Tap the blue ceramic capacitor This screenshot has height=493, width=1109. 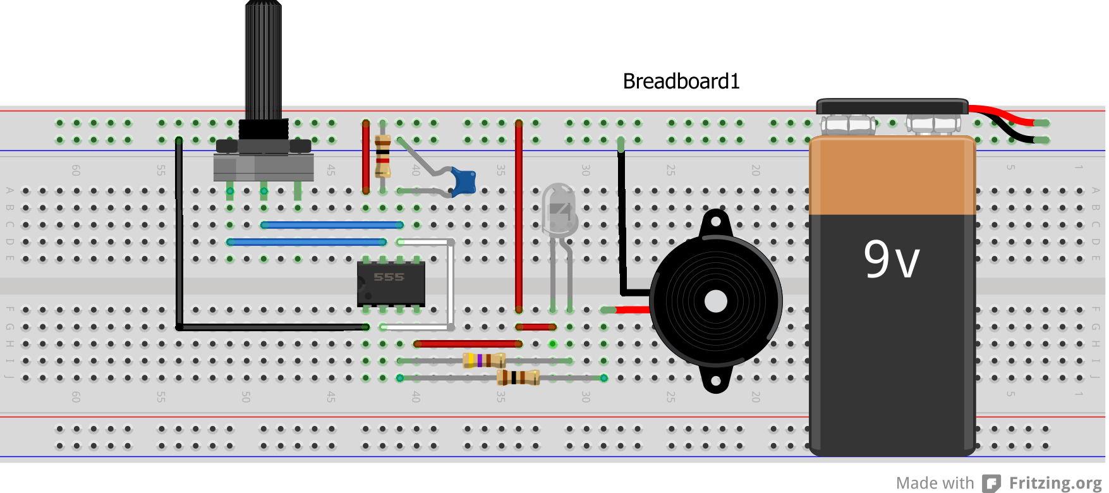tap(464, 181)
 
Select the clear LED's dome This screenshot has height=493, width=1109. tap(559, 205)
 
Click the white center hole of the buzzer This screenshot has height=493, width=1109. tap(715, 301)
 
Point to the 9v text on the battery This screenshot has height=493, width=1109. tap(891, 259)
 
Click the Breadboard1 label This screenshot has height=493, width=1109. tap(681, 82)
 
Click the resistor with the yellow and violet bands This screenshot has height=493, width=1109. tap(483, 361)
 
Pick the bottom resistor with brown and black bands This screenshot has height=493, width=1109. tap(518, 378)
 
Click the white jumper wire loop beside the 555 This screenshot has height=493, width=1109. tap(451, 284)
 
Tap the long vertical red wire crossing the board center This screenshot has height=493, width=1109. tap(519, 215)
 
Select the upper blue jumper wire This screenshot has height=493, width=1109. tap(332, 225)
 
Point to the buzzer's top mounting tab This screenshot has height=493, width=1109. tap(715, 222)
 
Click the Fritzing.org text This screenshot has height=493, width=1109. tap(1055, 483)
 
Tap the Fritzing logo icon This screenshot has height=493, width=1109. tap(991, 484)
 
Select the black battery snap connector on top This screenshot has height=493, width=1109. tap(892, 107)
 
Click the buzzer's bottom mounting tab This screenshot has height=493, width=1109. tap(715, 381)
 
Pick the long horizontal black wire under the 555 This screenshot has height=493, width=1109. tap(272, 327)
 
